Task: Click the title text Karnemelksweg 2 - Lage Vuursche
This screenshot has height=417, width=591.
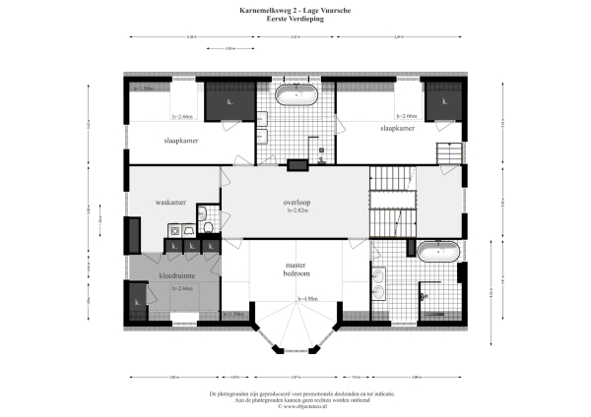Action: (x=295, y=10)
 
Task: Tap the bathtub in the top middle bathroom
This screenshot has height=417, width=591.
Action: (x=295, y=95)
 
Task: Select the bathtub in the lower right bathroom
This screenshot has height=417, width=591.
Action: (x=436, y=252)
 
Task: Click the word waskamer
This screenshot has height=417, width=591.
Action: (x=171, y=203)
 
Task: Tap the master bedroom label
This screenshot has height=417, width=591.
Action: (x=296, y=269)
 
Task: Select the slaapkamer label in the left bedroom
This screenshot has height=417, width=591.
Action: (x=181, y=141)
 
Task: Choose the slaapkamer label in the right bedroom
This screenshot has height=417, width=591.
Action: (x=396, y=128)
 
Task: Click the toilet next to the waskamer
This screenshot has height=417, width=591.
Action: (x=208, y=227)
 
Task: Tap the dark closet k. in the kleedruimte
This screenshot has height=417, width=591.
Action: (x=137, y=302)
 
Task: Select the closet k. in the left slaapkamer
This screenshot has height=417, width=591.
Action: (x=229, y=100)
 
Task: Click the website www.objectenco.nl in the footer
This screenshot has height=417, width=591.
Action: (x=296, y=405)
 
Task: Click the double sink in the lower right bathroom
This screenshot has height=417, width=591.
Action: (x=381, y=283)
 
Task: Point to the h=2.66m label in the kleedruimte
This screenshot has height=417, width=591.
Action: (x=181, y=289)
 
